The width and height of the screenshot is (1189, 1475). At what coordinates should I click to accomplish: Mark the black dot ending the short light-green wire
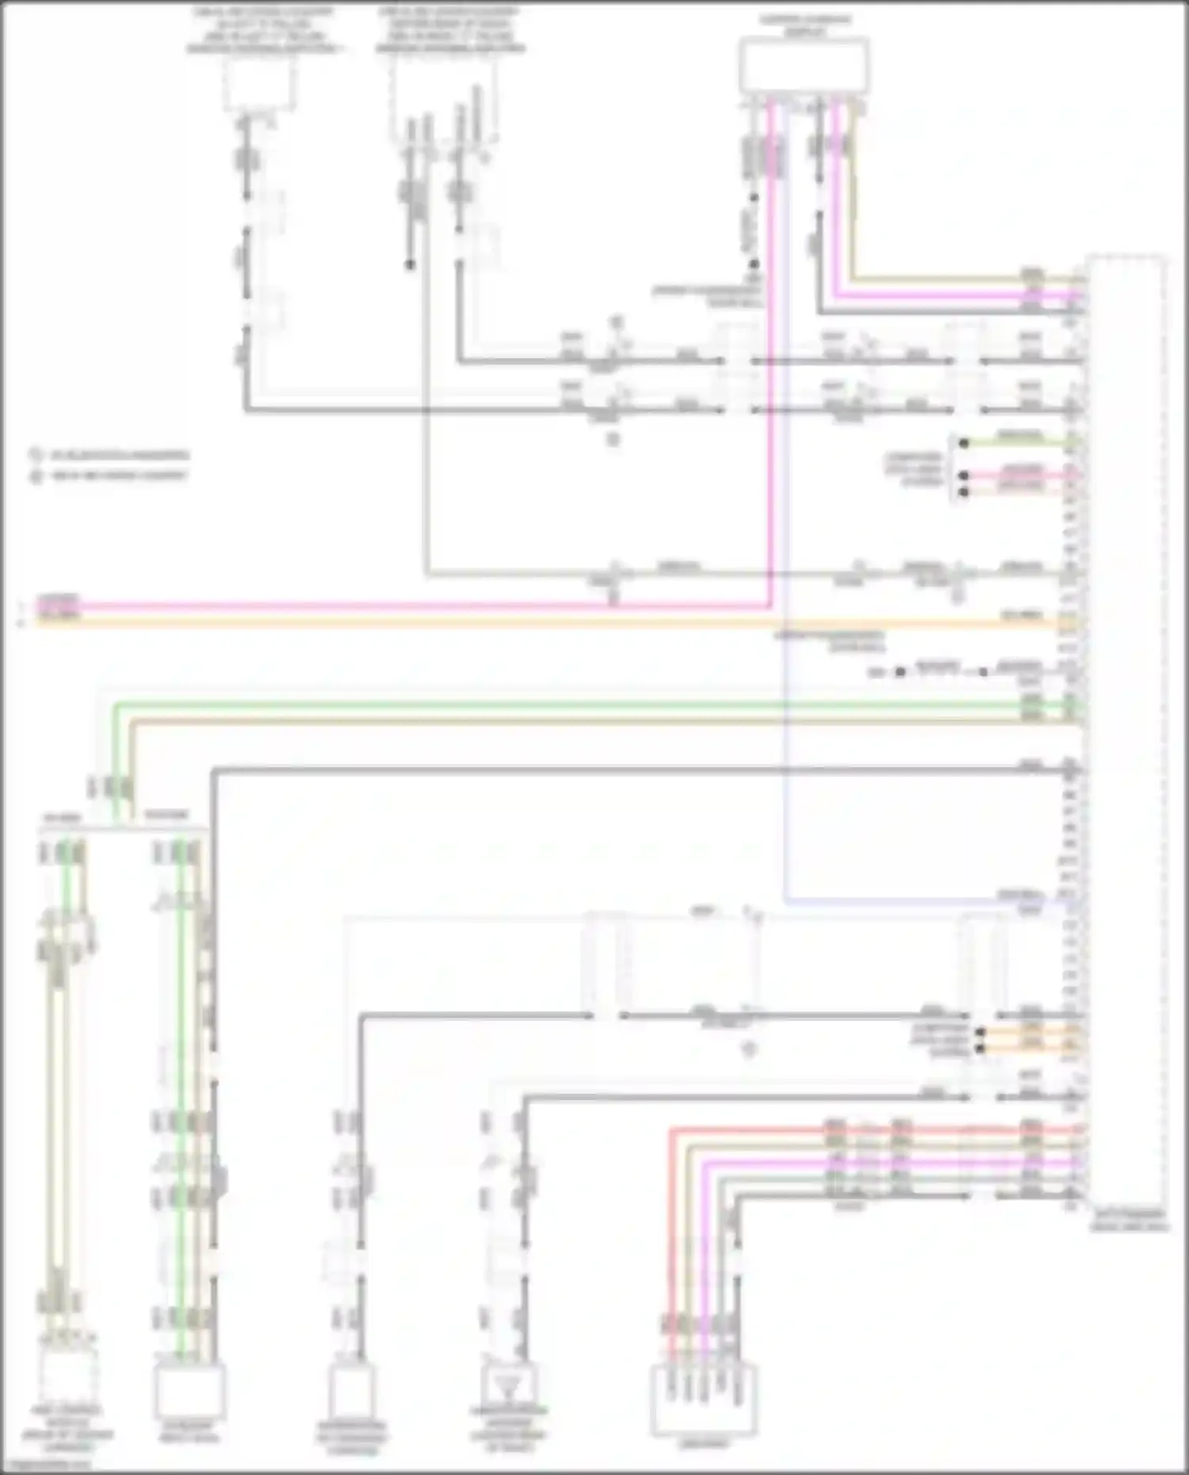[x=964, y=443]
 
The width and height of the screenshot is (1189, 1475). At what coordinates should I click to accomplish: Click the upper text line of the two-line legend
[x=119, y=456]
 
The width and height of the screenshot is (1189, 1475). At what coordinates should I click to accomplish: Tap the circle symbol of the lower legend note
[x=36, y=476]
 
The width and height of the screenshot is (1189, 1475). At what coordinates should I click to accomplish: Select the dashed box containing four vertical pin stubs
[x=445, y=99]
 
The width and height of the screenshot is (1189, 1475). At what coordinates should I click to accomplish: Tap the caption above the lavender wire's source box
[x=803, y=24]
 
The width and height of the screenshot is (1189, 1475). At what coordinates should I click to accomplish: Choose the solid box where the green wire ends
[x=189, y=1391]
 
